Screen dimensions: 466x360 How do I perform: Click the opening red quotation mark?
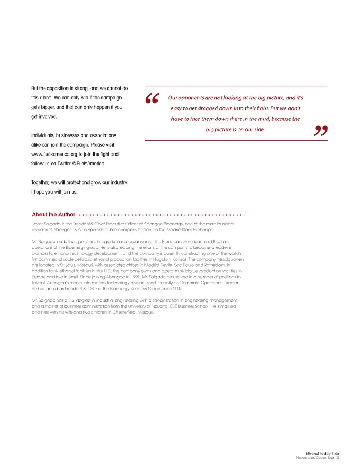point(152,98)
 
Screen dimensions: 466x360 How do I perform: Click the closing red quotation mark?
point(321,130)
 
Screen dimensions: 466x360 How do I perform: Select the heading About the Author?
point(53,215)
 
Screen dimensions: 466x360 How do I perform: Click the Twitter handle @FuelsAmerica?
point(88,164)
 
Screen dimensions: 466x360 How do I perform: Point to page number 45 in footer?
point(337,454)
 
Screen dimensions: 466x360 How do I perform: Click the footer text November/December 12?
point(317,458)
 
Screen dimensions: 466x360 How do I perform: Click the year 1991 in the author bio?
point(135,277)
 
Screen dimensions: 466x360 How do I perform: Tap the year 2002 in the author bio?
point(177,289)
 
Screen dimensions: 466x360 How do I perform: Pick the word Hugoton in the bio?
point(162,259)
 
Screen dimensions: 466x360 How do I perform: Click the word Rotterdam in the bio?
point(214,265)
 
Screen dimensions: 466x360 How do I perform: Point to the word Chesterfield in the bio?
point(124,312)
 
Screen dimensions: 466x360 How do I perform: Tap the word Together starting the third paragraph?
point(40,183)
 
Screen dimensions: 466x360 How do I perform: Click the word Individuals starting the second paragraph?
point(43,135)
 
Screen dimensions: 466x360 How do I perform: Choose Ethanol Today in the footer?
point(318,454)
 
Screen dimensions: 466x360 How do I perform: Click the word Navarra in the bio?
point(159,306)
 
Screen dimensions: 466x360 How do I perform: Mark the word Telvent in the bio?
point(38,283)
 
